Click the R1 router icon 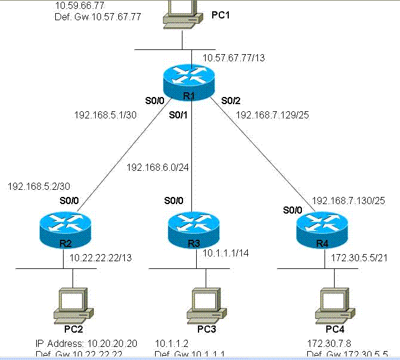coord(191,84)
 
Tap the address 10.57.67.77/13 coord(234,58)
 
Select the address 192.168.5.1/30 coord(106,115)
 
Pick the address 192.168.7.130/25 coord(349,201)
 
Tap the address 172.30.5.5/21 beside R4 coord(357,257)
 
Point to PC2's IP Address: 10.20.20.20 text coord(86,343)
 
